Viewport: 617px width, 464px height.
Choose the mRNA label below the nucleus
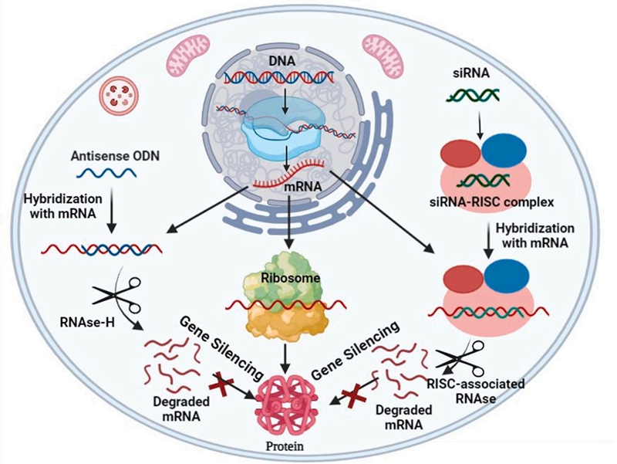pyautogui.click(x=282, y=187)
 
